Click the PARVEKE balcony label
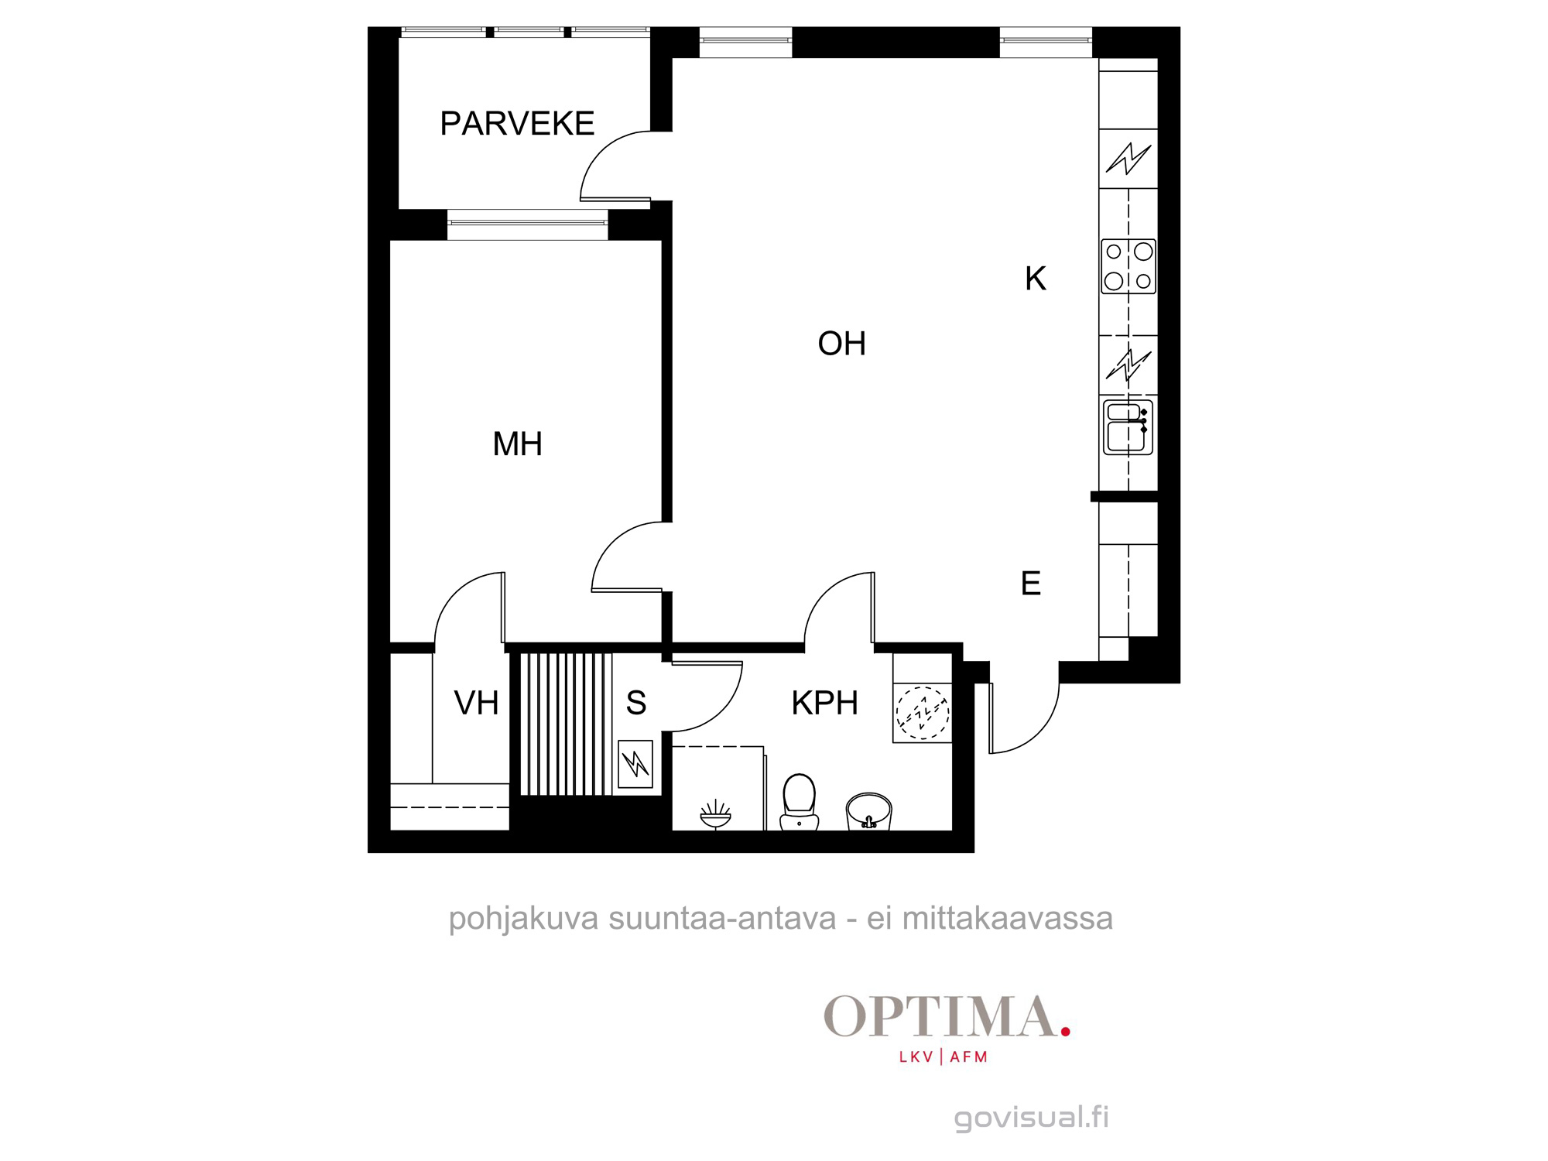tap(517, 124)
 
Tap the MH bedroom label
tap(517, 444)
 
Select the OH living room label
tap(841, 344)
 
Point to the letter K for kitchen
tap(1036, 279)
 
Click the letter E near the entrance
tap(1031, 584)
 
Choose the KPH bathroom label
tap(824, 704)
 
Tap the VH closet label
tap(476, 704)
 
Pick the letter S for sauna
tap(636, 704)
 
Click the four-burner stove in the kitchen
tap(1128, 266)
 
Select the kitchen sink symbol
tap(1128, 427)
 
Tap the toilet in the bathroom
tap(800, 802)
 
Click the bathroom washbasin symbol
tap(869, 811)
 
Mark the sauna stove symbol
tap(635, 764)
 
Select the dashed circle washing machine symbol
tap(923, 713)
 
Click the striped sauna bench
tap(566, 724)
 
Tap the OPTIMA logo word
tap(940, 1016)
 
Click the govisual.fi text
tap(1032, 1118)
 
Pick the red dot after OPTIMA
tap(1066, 1032)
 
